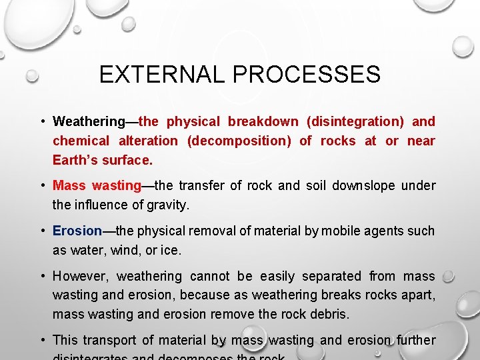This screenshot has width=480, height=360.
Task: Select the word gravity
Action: point(169,205)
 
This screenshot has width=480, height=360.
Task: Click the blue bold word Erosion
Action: point(77,231)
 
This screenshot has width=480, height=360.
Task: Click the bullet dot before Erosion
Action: point(42,231)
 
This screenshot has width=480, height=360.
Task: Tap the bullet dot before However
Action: point(42,276)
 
